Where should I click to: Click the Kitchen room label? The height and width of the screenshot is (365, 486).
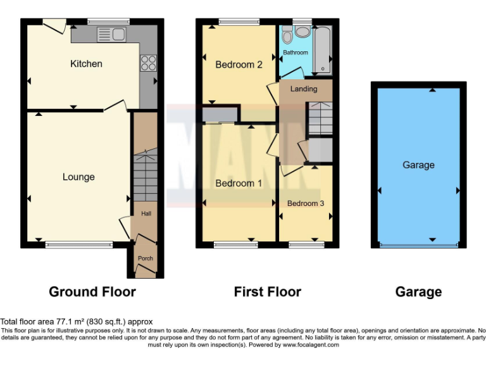click(x=86, y=64)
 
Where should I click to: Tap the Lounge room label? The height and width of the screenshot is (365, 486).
click(x=78, y=177)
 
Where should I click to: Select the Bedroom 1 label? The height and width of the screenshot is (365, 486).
click(x=239, y=183)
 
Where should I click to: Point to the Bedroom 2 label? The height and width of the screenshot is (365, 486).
click(x=239, y=64)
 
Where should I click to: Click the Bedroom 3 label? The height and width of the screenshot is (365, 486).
click(x=306, y=203)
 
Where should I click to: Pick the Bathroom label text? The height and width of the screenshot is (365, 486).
click(x=295, y=53)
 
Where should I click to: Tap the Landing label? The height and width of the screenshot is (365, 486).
click(x=304, y=89)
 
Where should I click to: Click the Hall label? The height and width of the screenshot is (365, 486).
click(x=146, y=214)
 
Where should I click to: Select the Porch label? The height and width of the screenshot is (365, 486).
click(x=146, y=259)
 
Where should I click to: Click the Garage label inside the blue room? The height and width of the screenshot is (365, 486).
click(x=418, y=165)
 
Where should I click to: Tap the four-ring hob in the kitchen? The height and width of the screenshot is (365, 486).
click(x=147, y=62)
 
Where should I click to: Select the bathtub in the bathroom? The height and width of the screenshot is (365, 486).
click(x=322, y=49)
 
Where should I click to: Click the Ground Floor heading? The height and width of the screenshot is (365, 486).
click(x=92, y=292)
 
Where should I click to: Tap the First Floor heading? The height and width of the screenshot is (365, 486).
click(x=267, y=292)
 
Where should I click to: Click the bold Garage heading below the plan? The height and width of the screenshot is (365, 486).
click(x=418, y=292)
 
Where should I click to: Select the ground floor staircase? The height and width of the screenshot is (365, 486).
click(x=146, y=174)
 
